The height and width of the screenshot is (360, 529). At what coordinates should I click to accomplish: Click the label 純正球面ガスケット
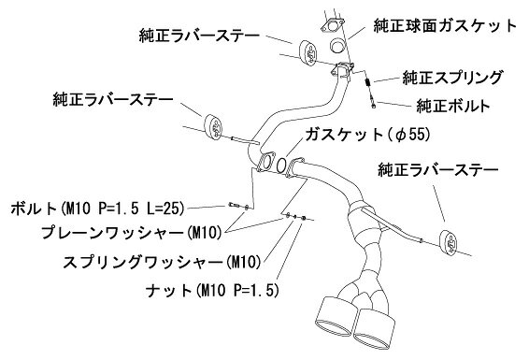pyautogui.click(x=445, y=25)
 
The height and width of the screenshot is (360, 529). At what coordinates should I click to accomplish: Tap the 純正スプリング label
pyautogui.click(x=452, y=78)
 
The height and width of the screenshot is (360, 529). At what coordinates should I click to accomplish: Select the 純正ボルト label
pyautogui.click(x=453, y=106)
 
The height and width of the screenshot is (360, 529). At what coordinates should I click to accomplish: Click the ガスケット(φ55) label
pyautogui.click(x=367, y=135)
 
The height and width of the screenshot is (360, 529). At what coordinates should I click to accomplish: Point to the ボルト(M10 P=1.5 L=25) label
pyautogui.click(x=98, y=209)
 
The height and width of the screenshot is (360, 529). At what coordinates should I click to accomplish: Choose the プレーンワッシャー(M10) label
pyautogui.click(x=131, y=233)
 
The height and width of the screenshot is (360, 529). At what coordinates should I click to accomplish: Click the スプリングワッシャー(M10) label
pyautogui.click(x=162, y=262)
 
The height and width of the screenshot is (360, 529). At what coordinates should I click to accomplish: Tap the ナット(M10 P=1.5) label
pyautogui.click(x=212, y=290)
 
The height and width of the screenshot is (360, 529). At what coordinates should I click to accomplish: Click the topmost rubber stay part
pyautogui.click(x=308, y=52)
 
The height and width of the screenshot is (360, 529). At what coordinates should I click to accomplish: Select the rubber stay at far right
pyautogui.click(x=450, y=243)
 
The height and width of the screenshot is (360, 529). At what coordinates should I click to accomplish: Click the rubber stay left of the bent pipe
pyautogui.click(x=212, y=126)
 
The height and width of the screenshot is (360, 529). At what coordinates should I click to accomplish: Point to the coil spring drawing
pyautogui.click(x=369, y=82)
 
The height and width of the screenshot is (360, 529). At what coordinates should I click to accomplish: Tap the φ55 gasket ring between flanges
pyautogui.click(x=281, y=164)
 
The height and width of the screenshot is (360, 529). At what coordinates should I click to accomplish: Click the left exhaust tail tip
pyautogui.click(x=336, y=316)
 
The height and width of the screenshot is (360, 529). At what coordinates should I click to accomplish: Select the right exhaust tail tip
pyautogui.click(x=374, y=328)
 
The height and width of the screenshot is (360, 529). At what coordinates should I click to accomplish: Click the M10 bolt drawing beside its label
pyautogui.click(x=235, y=205)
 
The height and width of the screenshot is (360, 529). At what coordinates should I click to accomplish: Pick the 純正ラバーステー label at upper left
pyautogui.click(x=199, y=36)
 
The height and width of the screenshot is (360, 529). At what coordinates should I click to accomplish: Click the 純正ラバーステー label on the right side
pyautogui.click(x=438, y=169)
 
